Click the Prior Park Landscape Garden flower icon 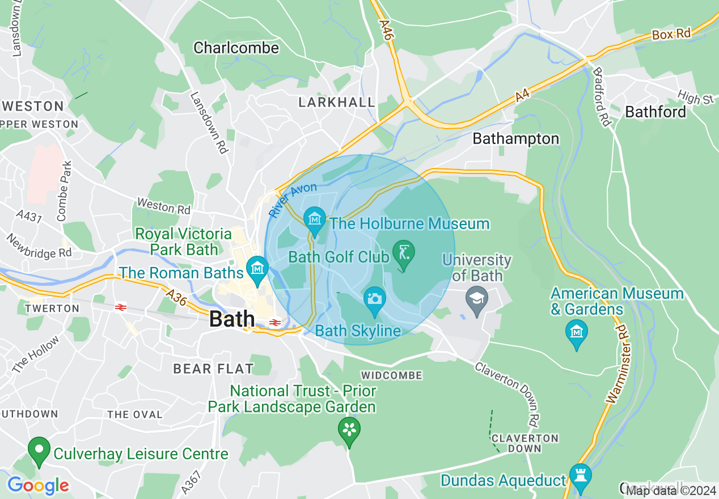pyautogui.click(x=349, y=429)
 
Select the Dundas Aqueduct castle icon pyautogui.click(x=580, y=476)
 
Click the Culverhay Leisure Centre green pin pyautogui.click(x=39, y=450)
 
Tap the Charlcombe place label pyautogui.click(x=236, y=48)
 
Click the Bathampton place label pyautogui.click(x=515, y=138)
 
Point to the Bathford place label pyautogui.click(x=655, y=112)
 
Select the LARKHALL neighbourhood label pyautogui.click(x=337, y=103)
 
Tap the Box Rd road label pyautogui.click(x=671, y=34)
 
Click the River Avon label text pyautogui.click(x=293, y=200)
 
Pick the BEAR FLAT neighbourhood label pyautogui.click(x=213, y=369)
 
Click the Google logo pyautogui.click(x=38, y=485)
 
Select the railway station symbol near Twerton pyautogui.click(x=120, y=307)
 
